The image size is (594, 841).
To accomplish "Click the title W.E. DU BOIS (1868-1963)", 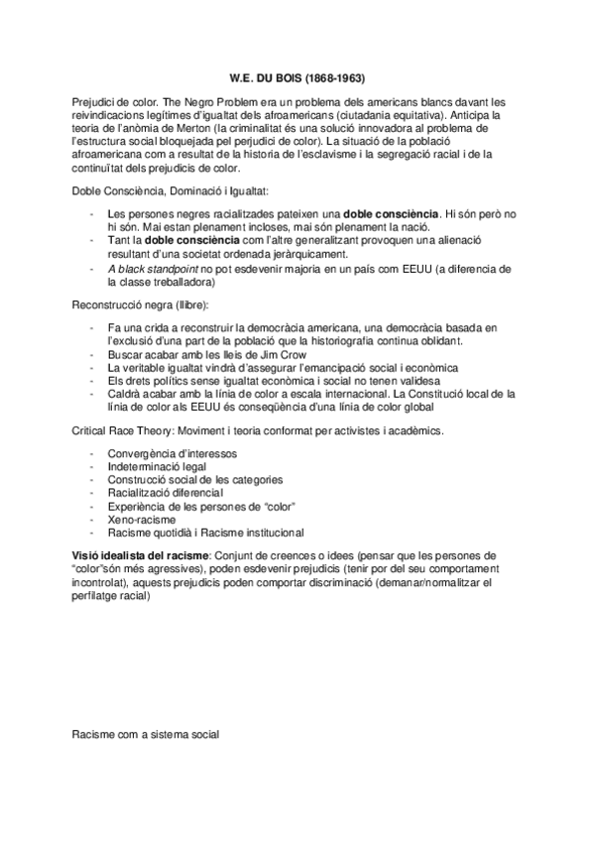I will (297, 78).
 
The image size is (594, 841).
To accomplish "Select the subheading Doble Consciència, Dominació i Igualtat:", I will (169, 189).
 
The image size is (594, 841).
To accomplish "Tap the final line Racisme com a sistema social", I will (145, 736).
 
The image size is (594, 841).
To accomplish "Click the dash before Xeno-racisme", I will (92, 519).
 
